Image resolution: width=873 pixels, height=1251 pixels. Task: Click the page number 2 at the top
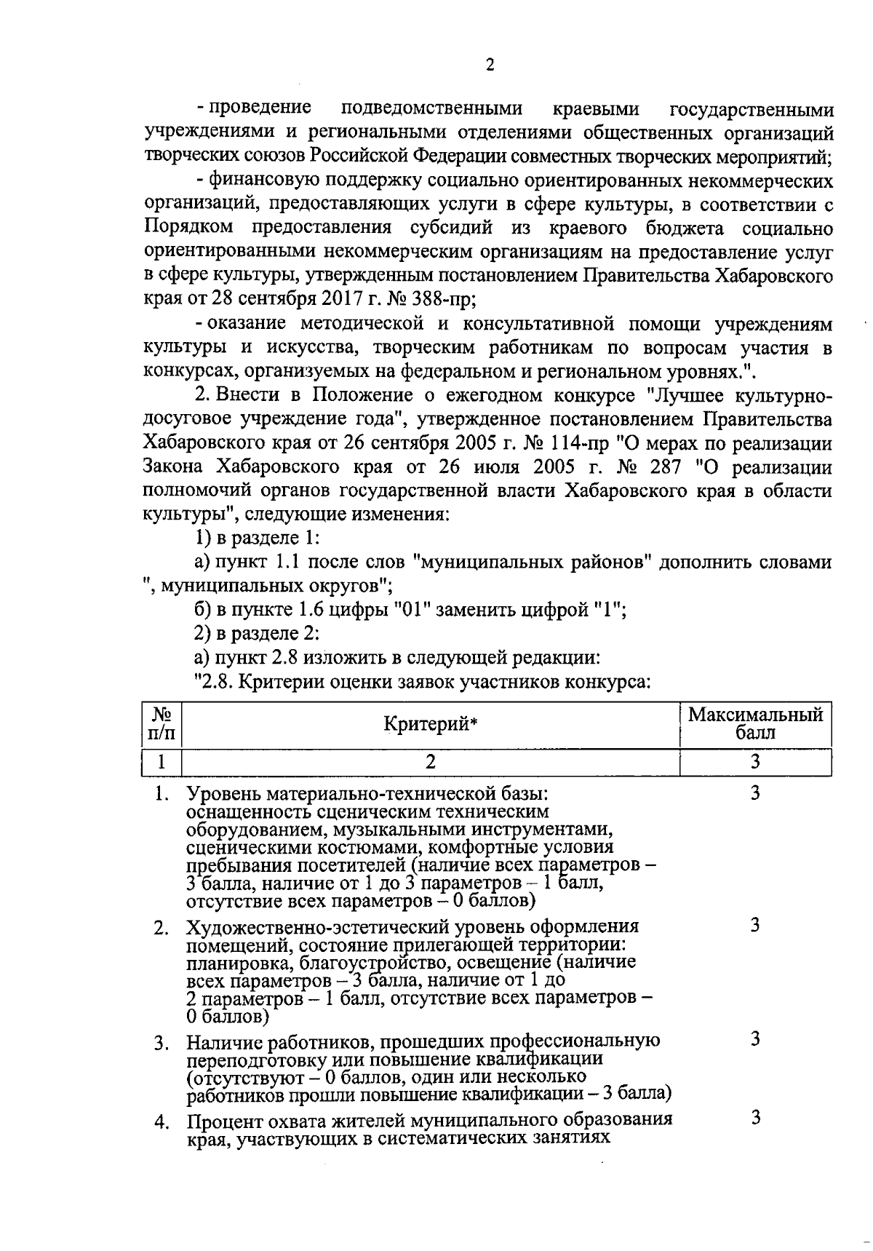click(489, 65)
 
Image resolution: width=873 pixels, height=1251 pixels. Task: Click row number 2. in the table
click(162, 929)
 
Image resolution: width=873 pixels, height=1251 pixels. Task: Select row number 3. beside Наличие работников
click(162, 1043)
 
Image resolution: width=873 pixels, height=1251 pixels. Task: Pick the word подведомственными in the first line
click(432, 109)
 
